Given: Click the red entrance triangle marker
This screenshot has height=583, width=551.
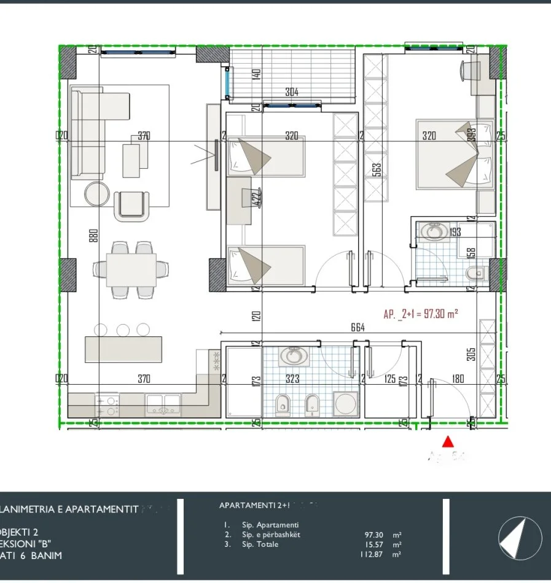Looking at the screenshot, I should coord(448,441).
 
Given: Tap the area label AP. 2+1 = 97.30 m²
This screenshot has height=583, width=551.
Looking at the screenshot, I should coord(421,314).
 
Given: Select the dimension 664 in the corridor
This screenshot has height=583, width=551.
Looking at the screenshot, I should coord(358,328).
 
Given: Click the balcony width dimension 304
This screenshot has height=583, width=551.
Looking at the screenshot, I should coord(292,93).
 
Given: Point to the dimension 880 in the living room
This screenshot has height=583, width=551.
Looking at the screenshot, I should coord(94,236).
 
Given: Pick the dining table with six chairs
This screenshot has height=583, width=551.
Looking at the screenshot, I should coord(130,269).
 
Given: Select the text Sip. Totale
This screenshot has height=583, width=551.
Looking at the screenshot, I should coord(260,544).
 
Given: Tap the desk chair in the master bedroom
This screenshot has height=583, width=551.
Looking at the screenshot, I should coord(470,69).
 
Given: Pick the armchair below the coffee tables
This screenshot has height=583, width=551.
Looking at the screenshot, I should coord(131,204).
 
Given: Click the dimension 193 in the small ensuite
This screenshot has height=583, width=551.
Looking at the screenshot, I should coord(455,232).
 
